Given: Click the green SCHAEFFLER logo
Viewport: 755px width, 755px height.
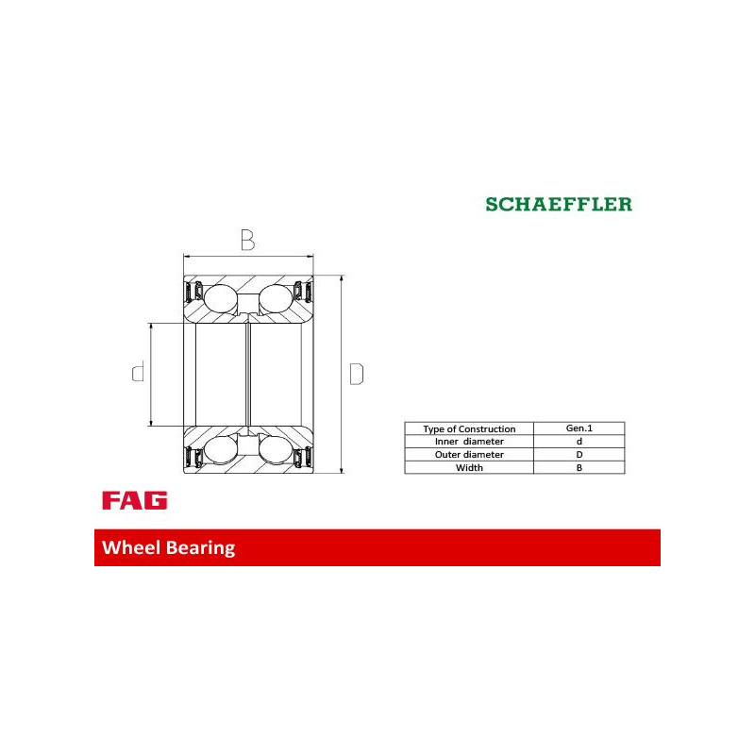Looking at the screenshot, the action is (559, 204).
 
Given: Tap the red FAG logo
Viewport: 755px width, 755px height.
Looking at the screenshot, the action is (135, 500).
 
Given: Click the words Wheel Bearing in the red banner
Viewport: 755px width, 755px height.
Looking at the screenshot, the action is (169, 548).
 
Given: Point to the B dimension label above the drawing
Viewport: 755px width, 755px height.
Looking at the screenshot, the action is (247, 240).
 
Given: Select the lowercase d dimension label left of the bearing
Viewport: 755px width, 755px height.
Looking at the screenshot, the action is (138, 372).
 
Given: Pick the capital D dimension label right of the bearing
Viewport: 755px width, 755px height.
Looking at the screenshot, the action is (357, 374).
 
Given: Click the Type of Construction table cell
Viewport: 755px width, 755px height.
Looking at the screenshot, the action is (469, 428).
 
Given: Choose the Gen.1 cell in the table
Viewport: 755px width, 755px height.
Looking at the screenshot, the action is (579, 428).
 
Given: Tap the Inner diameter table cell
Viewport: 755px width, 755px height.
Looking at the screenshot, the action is (469, 442).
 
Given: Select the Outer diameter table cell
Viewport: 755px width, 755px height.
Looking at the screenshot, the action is (469, 455).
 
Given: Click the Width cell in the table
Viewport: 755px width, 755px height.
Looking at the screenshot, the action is (469, 467).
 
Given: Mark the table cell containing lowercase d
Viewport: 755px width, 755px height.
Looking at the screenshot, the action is (579, 442).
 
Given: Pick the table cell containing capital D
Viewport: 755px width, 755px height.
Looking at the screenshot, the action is (579, 455).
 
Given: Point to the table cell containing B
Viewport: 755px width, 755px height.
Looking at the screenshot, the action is (579, 467).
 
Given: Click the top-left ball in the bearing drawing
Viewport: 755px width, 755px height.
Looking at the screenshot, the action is (221, 298).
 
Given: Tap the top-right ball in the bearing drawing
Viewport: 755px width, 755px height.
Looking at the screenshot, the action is (276, 298).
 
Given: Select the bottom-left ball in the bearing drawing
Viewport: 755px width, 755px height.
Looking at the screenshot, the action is (221, 451).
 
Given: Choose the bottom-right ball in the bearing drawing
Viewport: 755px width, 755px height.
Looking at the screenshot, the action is (276, 451).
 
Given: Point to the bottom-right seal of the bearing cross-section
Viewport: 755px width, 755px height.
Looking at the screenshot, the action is (303, 457).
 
